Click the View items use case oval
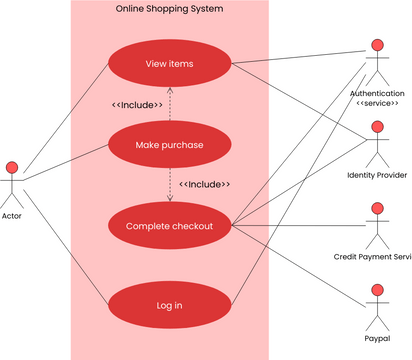[x=169, y=64]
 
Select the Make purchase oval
[x=169, y=145]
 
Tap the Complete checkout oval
[x=169, y=226]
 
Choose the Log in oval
[x=169, y=306]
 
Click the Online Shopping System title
[x=169, y=9]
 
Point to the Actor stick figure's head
[x=12, y=166]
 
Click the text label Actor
[x=12, y=216]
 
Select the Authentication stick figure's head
[x=377, y=45]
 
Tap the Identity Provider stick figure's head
[x=377, y=127]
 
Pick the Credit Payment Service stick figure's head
[x=377, y=209]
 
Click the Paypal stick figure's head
[x=377, y=291]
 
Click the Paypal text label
[x=377, y=339]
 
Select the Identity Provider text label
[x=376, y=175]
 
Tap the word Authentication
[x=377, y=93]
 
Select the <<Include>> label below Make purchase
[x=204, y=185]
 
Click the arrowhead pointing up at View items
[x=169, y=90]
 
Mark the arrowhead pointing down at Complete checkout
[x=169, y=199]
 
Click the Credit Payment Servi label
[x=373, y=257]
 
